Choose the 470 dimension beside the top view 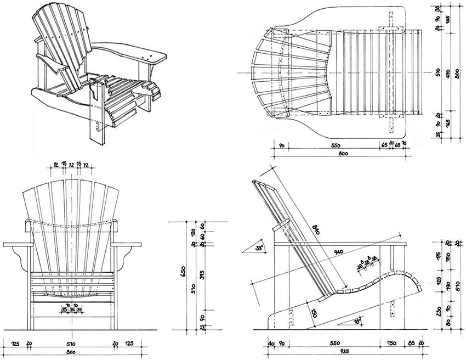447,72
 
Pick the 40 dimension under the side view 271,344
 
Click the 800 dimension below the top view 343,155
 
